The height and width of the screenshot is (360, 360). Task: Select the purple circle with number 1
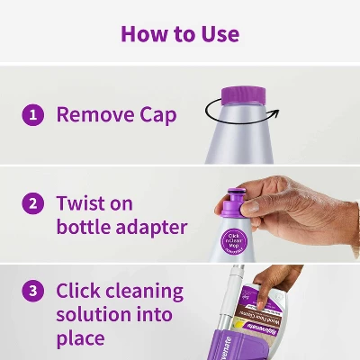tap(33, 114)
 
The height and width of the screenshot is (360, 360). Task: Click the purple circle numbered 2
tap(33, 203)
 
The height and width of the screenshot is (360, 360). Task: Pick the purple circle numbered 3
tap(33, 292)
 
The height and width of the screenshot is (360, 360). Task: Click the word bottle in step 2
tap(83, 226)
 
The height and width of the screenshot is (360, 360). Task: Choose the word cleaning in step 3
tap(146, 292)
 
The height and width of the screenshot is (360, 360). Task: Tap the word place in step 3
tap(80, 339)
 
